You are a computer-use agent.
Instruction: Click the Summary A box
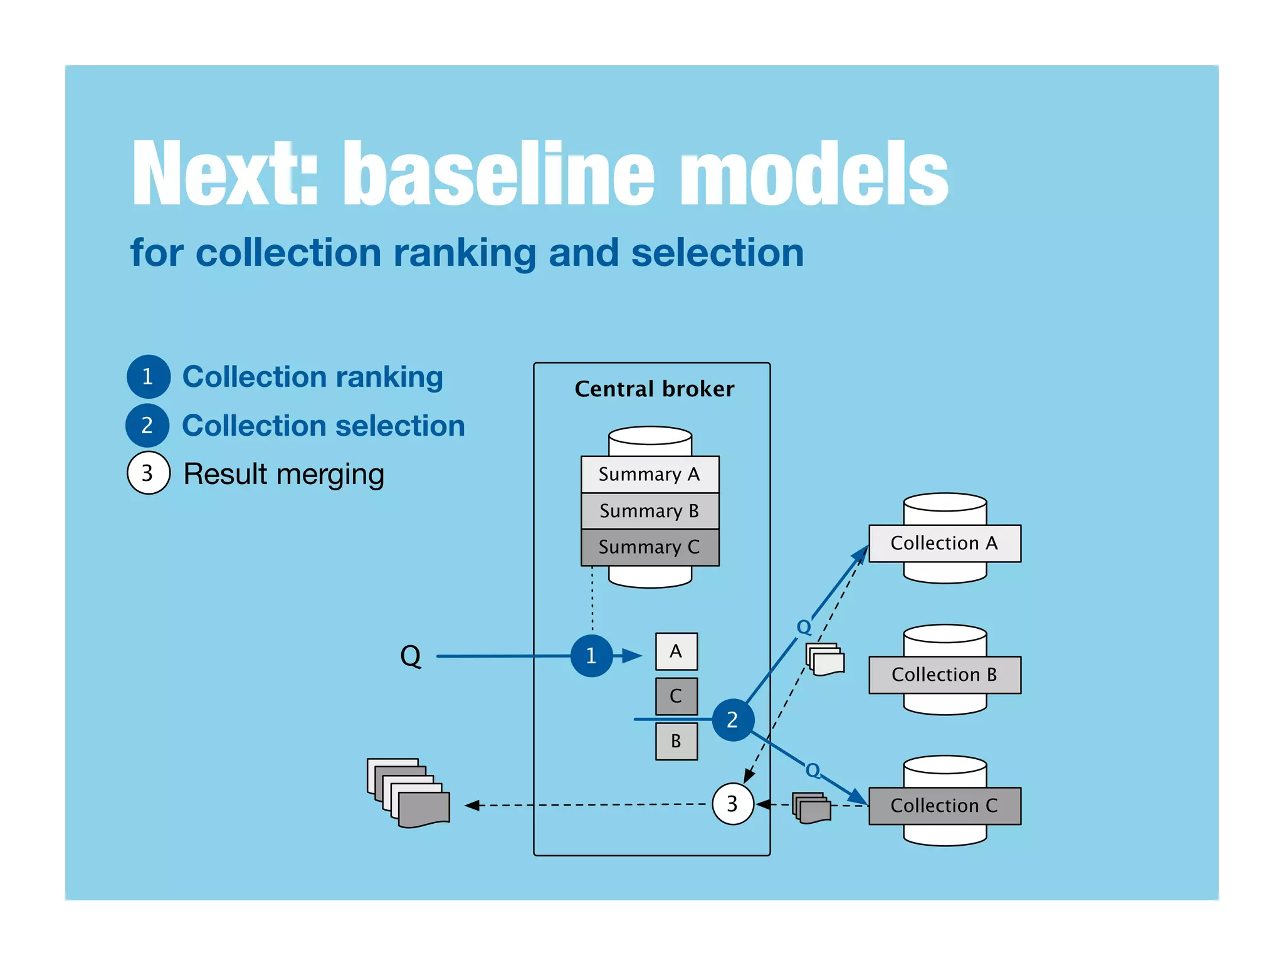[650, 474]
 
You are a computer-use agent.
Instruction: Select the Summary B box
[650, 510]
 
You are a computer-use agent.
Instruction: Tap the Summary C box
[650, 547]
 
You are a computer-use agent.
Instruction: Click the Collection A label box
[944, 543]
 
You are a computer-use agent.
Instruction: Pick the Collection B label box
[944, 675]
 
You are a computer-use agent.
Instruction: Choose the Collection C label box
[944, 806]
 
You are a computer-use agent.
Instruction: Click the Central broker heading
[654, 389]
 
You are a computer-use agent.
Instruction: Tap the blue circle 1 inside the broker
[591, 656]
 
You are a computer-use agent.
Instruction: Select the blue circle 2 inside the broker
[732, 720]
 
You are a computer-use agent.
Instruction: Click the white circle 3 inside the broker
[732, 804]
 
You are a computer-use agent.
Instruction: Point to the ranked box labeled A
[676, 651]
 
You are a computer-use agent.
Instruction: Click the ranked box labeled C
[676, 696]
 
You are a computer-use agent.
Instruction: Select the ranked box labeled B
[676, 741]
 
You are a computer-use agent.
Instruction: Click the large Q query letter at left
[411, 656]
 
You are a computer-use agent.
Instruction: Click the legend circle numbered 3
[148, 473]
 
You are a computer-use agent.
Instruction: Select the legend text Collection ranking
[312, 377]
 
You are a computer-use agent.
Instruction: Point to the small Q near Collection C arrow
[813, 770]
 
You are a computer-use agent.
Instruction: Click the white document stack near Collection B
[825, 660]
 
